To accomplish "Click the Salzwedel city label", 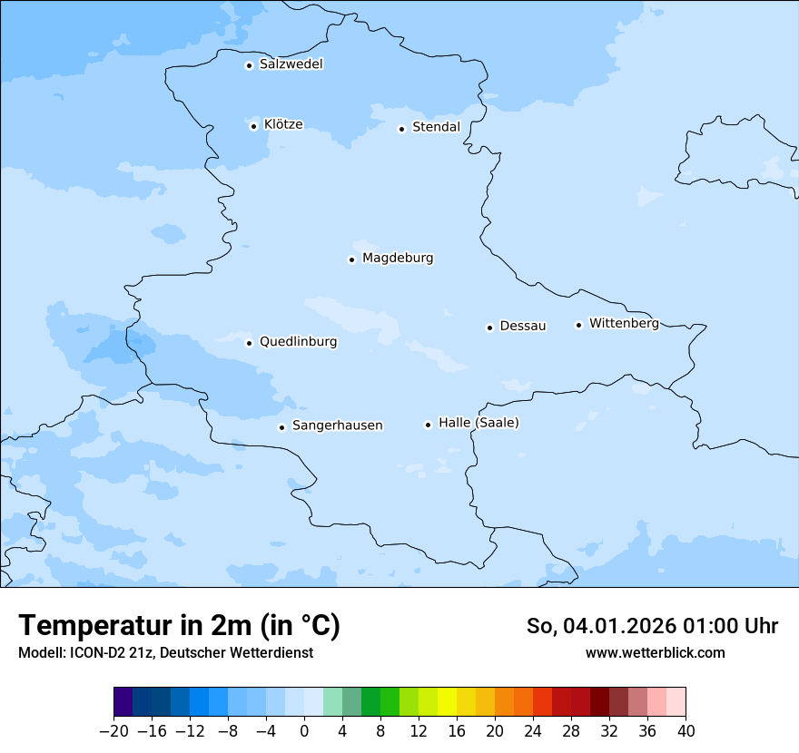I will pyautogui.click(x=291, y=64).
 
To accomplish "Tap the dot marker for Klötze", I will pyautogui.click(x=254, y=126).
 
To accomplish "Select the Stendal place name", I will pyautogui.click(x=436, y=127).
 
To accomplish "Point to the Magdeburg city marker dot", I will pyautogui.click(x=351, y=259).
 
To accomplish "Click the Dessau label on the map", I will pyautogui.click(x=523, y=326).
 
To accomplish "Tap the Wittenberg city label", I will pyautogui.click(x=624, y=323).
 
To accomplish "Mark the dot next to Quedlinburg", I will pyautogui.click(x=249, y=343).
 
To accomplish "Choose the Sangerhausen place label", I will pyautogui.click(x=337, y=425).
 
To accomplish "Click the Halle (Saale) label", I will pyautogui.click(x=478, y=423).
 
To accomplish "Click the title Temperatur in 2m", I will pyautogui.click(x=179, y=626).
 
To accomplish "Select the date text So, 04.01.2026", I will pyautogui.click(x=602, y=626).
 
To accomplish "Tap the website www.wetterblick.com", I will pyautogui.click(x=655, y=652).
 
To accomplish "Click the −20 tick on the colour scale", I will pyautogui.click(x=114, y=731).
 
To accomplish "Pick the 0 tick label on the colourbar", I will pyautogui.click(x=304, y=731).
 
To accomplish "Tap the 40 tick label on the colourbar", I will pyautogui.click(x=686, y=731).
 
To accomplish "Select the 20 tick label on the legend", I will pyautogui.click(x=495, y=731).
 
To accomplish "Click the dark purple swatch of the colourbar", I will pyautogui.click(x=123, y=702).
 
